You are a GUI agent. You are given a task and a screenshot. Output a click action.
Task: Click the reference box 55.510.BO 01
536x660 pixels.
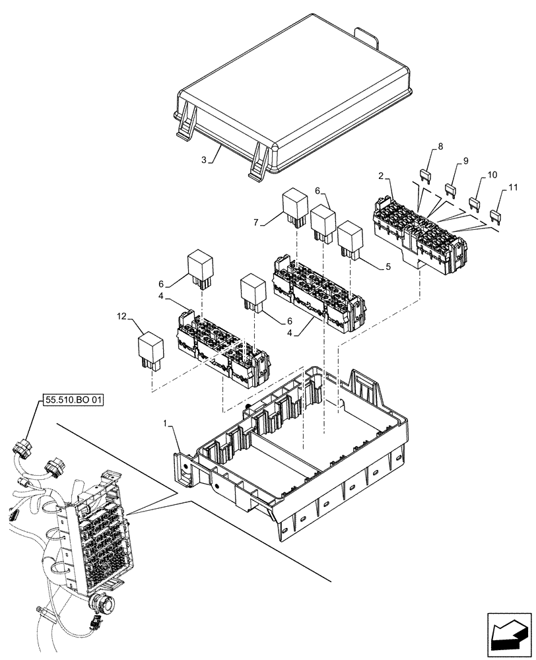point(74,401)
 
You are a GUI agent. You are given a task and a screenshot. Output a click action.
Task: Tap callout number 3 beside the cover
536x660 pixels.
point(204,160)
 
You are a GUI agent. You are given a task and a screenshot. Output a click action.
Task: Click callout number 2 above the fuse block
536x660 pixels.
point(382,175)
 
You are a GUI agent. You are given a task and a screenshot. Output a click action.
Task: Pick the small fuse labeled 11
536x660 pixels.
point(497,215)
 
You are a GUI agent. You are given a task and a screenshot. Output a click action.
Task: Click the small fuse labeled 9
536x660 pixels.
point(452,189)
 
